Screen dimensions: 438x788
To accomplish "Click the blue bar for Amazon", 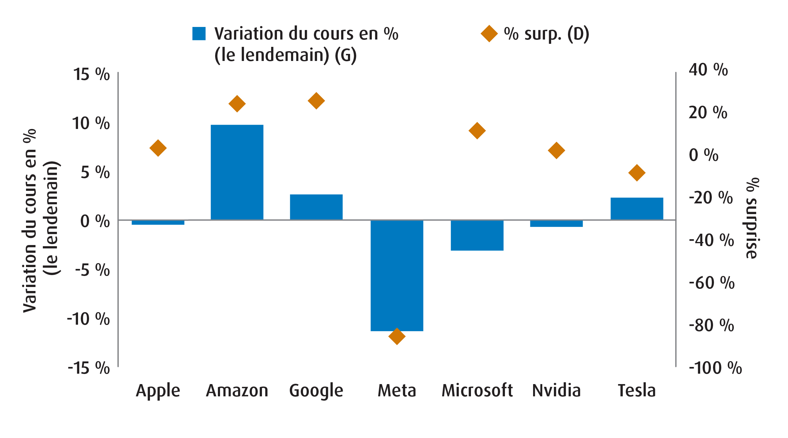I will click(x=237, y=172).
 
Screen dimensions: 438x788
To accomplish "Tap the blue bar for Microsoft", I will click(x=477, y=235).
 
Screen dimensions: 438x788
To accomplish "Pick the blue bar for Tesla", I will click(x=637, y=209).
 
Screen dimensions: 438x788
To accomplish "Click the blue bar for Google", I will click(x=316, y=207).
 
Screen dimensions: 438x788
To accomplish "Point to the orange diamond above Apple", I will click(x=158, y=148).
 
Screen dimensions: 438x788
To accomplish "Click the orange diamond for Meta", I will click(x=397, y=336).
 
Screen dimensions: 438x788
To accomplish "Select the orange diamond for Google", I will click(x=316, y=100).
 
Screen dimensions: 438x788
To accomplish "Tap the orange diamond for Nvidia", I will click(x=556, y=150).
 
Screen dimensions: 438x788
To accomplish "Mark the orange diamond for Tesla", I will click(x=637, y=172).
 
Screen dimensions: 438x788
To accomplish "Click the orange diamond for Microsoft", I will click(x=477, y=131).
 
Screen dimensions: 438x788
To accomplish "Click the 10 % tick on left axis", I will click(x=91, y=123).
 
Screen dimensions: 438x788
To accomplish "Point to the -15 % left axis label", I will click(x=89, y=368).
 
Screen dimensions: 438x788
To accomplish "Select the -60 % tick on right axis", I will click(x=711, y=283).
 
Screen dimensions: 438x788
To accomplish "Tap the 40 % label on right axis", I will click(x=708, y=70).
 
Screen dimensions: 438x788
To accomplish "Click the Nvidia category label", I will click(x=556, y=391).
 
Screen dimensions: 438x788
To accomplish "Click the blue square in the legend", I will click(x=199, y=34).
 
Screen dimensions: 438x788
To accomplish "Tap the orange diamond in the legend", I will click(x=489, y=34).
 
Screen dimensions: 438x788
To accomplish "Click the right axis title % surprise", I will click(x=752, y=218).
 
